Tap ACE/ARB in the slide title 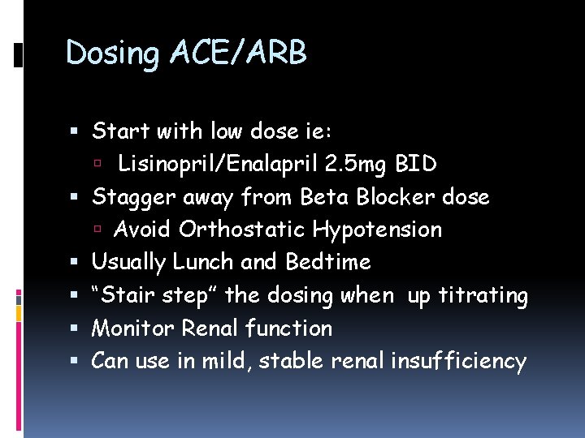(239, 54)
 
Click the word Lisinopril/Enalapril (216, 164)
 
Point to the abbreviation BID (416, 164)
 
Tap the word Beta (327, 197)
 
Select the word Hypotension (377, 230)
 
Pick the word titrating (484, 295)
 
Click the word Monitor (133, 328)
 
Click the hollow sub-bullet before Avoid (99, 230)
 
